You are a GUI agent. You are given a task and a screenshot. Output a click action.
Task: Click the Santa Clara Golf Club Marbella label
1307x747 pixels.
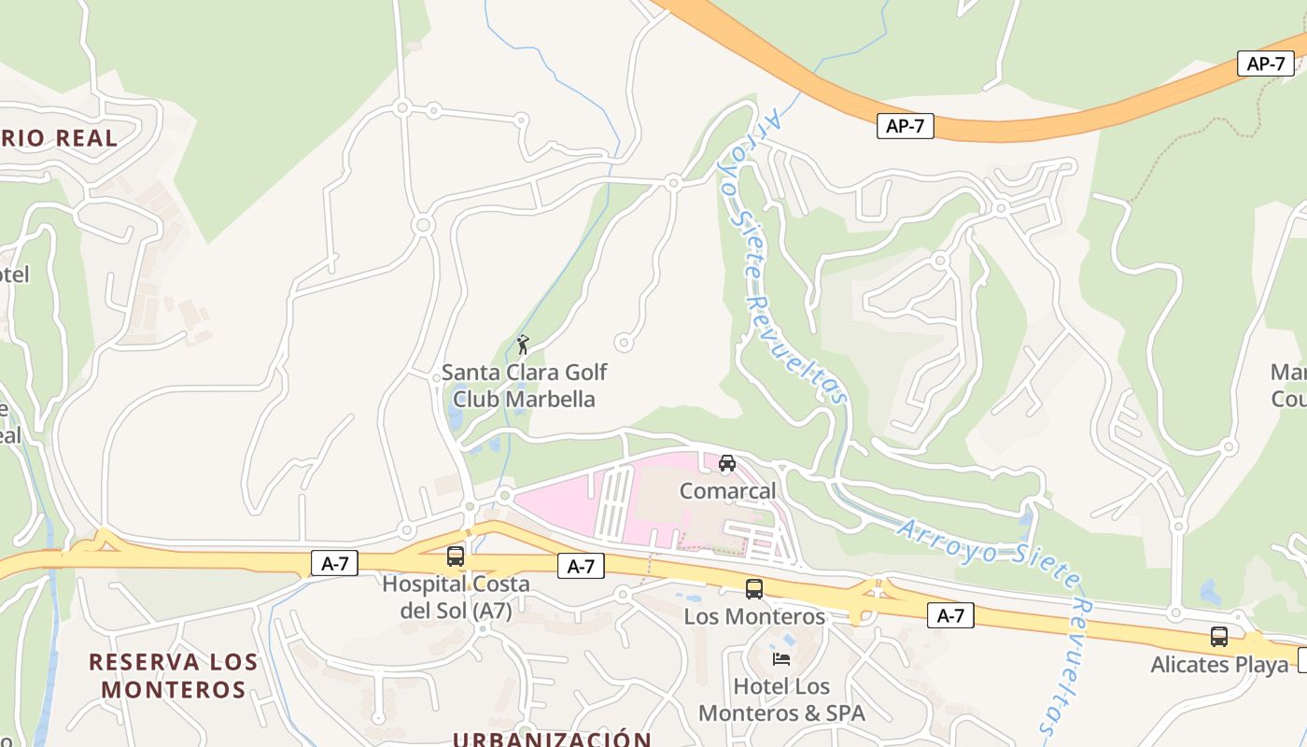point(524,386)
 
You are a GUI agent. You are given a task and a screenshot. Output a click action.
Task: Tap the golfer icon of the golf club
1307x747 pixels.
point(523,345)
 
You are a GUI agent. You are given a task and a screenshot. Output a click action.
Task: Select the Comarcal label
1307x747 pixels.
point(727,491)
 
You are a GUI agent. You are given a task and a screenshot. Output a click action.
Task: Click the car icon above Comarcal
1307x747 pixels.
point(727,462)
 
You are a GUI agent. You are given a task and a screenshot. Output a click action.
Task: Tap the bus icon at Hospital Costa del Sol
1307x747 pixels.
point(456,557)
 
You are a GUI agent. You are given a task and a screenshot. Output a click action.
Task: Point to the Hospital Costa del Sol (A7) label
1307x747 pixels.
point(456,598)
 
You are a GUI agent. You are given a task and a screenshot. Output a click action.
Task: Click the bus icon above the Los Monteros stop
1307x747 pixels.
point(754,589)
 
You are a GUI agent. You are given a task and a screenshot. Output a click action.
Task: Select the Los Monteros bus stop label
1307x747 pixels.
point(754,616)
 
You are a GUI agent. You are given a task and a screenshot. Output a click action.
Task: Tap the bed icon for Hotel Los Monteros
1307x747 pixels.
point(781,659)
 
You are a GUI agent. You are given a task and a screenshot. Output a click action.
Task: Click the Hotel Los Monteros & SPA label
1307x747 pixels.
point(782,700)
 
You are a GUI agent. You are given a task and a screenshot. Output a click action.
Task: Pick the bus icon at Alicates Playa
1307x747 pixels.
point(1219,637)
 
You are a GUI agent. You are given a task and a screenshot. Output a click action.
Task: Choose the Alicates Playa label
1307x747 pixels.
point(1219,665)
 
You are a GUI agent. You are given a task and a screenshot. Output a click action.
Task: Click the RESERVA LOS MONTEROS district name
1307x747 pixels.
point(173,676)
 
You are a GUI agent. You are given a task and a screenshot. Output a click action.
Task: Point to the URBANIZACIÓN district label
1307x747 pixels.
point(552,740)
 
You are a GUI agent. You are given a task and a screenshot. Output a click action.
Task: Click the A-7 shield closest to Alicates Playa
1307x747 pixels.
point(950,615)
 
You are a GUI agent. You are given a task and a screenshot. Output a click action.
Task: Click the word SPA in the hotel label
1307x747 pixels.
point(844,713)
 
